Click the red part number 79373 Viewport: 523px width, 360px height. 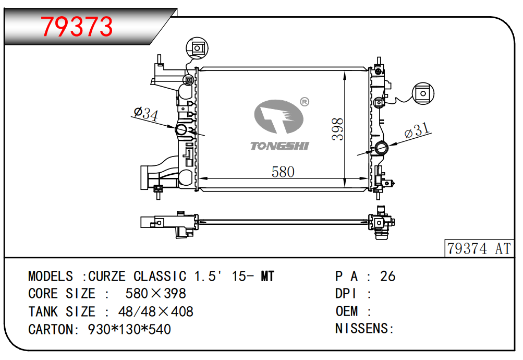77,27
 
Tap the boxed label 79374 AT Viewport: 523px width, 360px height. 479,248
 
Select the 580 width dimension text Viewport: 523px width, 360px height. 283,172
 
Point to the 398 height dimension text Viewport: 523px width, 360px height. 337,129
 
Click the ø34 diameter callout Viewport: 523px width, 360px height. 146,113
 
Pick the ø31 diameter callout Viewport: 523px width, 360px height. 417,130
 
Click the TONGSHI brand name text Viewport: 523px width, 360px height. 279,146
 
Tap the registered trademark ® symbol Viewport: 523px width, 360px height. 305,102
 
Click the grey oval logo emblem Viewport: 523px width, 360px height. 278,116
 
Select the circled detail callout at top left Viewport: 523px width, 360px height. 197,48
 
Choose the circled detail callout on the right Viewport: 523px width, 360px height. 423,93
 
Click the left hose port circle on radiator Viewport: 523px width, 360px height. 181,129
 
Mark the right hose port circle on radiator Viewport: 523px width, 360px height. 381,148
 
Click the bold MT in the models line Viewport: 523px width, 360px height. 267,276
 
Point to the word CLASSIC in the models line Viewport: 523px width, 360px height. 160,276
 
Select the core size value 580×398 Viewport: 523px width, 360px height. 155,294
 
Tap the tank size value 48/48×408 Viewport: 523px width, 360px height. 155,311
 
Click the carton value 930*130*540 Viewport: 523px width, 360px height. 129,329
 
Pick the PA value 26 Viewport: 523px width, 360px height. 387,276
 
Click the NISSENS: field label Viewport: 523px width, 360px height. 364,328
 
